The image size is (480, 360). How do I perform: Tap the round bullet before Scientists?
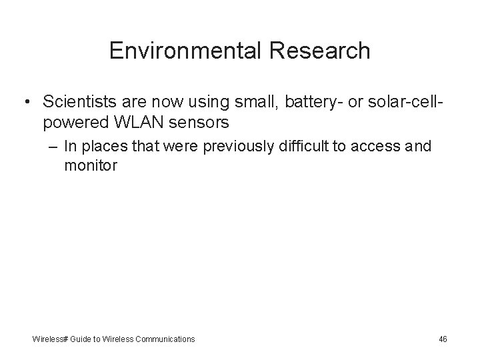[x=25, y=102]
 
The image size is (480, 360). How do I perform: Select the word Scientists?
[x=75, y=102]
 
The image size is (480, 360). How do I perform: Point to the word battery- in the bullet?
[x=304, y=102]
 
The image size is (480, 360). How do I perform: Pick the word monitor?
[x=91, y=166]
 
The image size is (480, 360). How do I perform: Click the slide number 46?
[x=443, y=339]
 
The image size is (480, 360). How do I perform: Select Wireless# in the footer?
[x=50, y=339]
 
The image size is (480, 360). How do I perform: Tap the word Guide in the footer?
[x=83, y=339]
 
